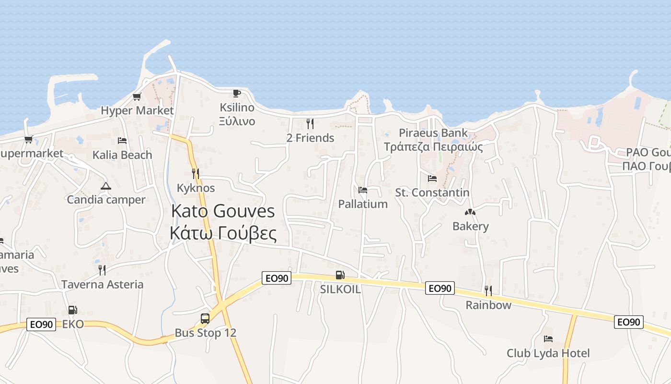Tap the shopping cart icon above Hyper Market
click(x=137, y=97)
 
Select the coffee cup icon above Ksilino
click(x=237, y=93)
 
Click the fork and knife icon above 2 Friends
click(x=310, y=124)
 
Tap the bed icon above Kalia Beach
click(x=122, y=141)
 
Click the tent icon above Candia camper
click(x=106, y=186)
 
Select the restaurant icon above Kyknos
click(x=196, y=174)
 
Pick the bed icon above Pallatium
click(x=363, y=190)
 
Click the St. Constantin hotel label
click(x=432, y=192)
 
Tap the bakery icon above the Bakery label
click(x=470, y=212)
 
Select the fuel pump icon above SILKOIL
click(x=340, y=275)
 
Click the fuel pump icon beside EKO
click(x=72, y=310)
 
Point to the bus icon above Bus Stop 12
click(x=205, y=319)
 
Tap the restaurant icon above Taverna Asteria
click(x=102, y=270)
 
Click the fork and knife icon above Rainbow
click(x=488, y=291)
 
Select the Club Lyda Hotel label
click(x=548, y=353)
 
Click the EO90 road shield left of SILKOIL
click(x=277, y=278)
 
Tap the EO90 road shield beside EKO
click(x=41, y=324)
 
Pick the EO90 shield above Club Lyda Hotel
click(x=628, y=322)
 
